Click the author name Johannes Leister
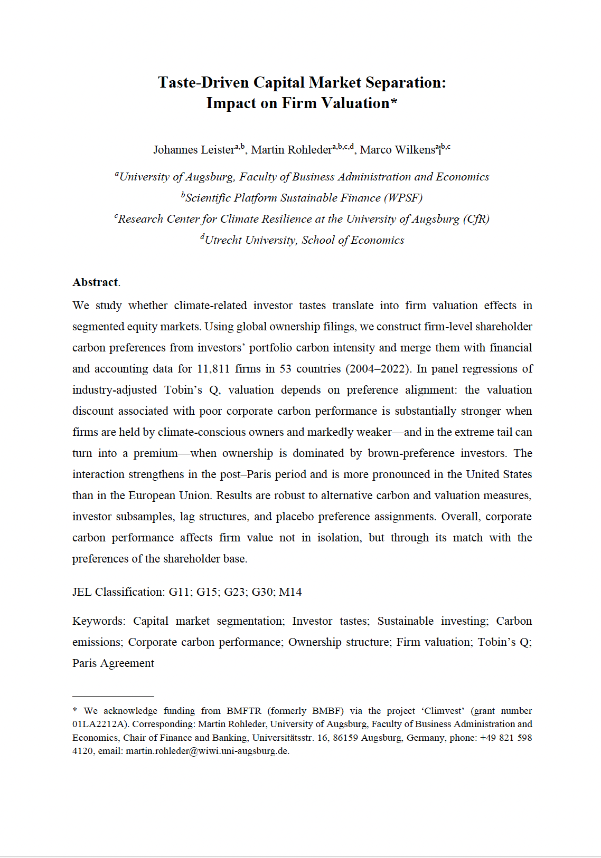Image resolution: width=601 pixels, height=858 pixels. pos(194,150)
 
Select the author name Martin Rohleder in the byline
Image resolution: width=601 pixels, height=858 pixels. pos(292,150)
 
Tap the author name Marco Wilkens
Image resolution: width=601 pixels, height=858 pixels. pos(397,150)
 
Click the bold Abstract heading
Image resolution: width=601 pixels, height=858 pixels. pos(95,282)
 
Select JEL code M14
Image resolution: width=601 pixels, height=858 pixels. pos(290,592)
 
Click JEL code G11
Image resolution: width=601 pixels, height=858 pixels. pos(180,592)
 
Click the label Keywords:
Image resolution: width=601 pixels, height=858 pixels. pos(99,621)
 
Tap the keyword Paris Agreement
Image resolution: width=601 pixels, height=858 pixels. pos(113,663)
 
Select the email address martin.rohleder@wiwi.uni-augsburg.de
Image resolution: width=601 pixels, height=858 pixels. pos(207,751)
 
